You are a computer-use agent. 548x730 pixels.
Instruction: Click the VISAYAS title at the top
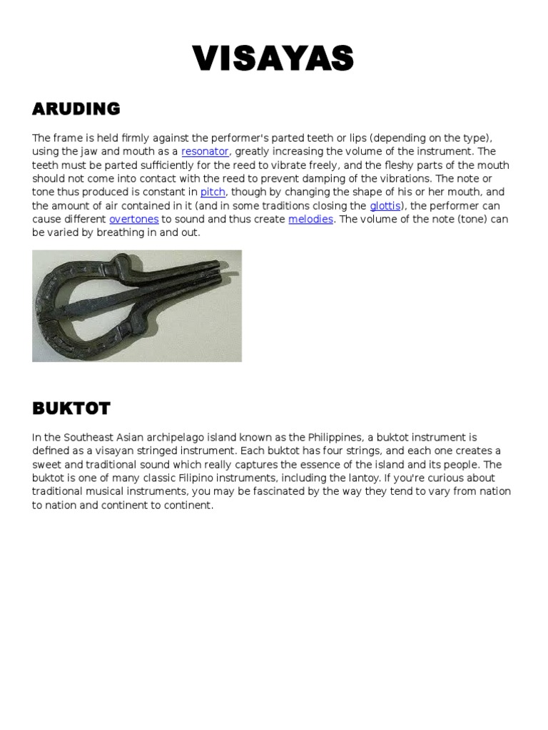[x=273, y=58]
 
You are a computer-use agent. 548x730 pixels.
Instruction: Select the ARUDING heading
[x=76, y=109]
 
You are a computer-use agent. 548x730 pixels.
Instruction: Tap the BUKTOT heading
[x=71, y=408]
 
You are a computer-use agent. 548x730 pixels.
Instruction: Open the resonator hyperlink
[x=205, y=152]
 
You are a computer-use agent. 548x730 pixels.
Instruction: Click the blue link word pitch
[x=213, y=192]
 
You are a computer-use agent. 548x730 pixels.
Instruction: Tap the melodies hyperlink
[x=310, y=220]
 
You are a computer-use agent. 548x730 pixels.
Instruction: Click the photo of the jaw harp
[x=137, y=305]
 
